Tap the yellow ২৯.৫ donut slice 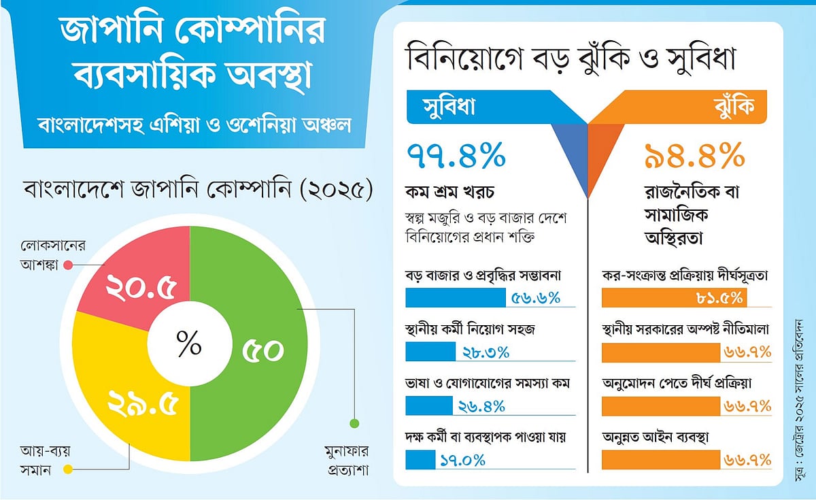139,408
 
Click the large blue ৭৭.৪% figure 456,157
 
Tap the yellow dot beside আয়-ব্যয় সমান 67,468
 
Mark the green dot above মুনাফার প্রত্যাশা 354,424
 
